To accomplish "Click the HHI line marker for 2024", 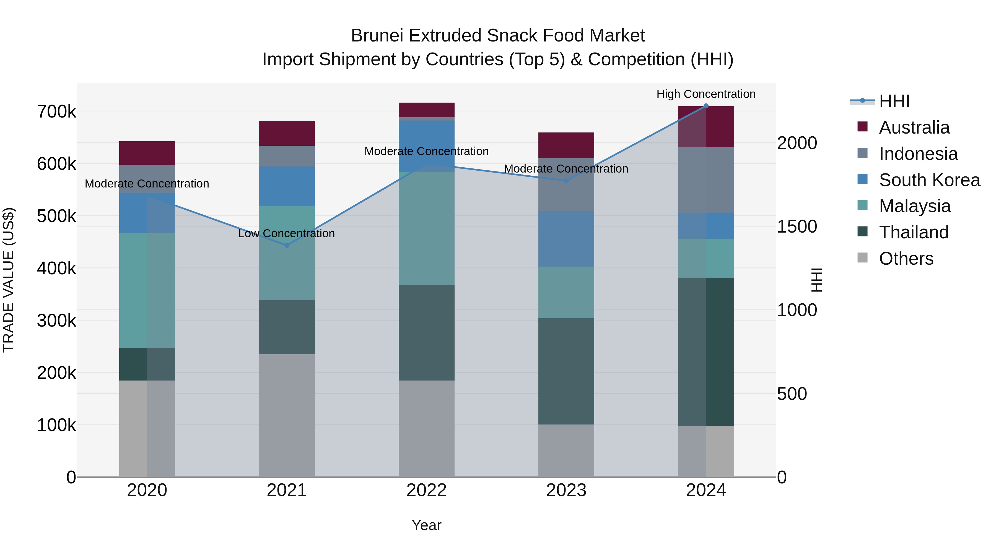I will pyautogui.click(x=706, y=106).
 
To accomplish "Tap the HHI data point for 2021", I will pyautogui.click(x=287, y=245).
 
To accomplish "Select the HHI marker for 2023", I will pyautogui.click(x=566, y=181).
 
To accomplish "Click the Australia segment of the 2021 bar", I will pyautogui.click(x=287, y=133).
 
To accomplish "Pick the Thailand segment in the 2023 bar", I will pyautogui.click(x=566, y=371).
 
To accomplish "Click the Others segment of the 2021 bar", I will pyautogui.click(x=287, y=415).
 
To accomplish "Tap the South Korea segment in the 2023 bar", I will pyautogui.click(x=566, y=238).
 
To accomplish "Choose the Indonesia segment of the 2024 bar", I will pyautogui.click(x=706, y=180).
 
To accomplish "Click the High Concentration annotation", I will pyautogui.click(x=706, y=94).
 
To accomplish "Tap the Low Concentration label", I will pyautogui.click(x=287, y=233).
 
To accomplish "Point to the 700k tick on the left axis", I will pyautogui.click(x=56, y=112).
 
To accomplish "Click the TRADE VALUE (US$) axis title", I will pyautogui.click(x=9, y=280).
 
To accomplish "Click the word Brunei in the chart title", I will pyautogui.click(x=377, y=36).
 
